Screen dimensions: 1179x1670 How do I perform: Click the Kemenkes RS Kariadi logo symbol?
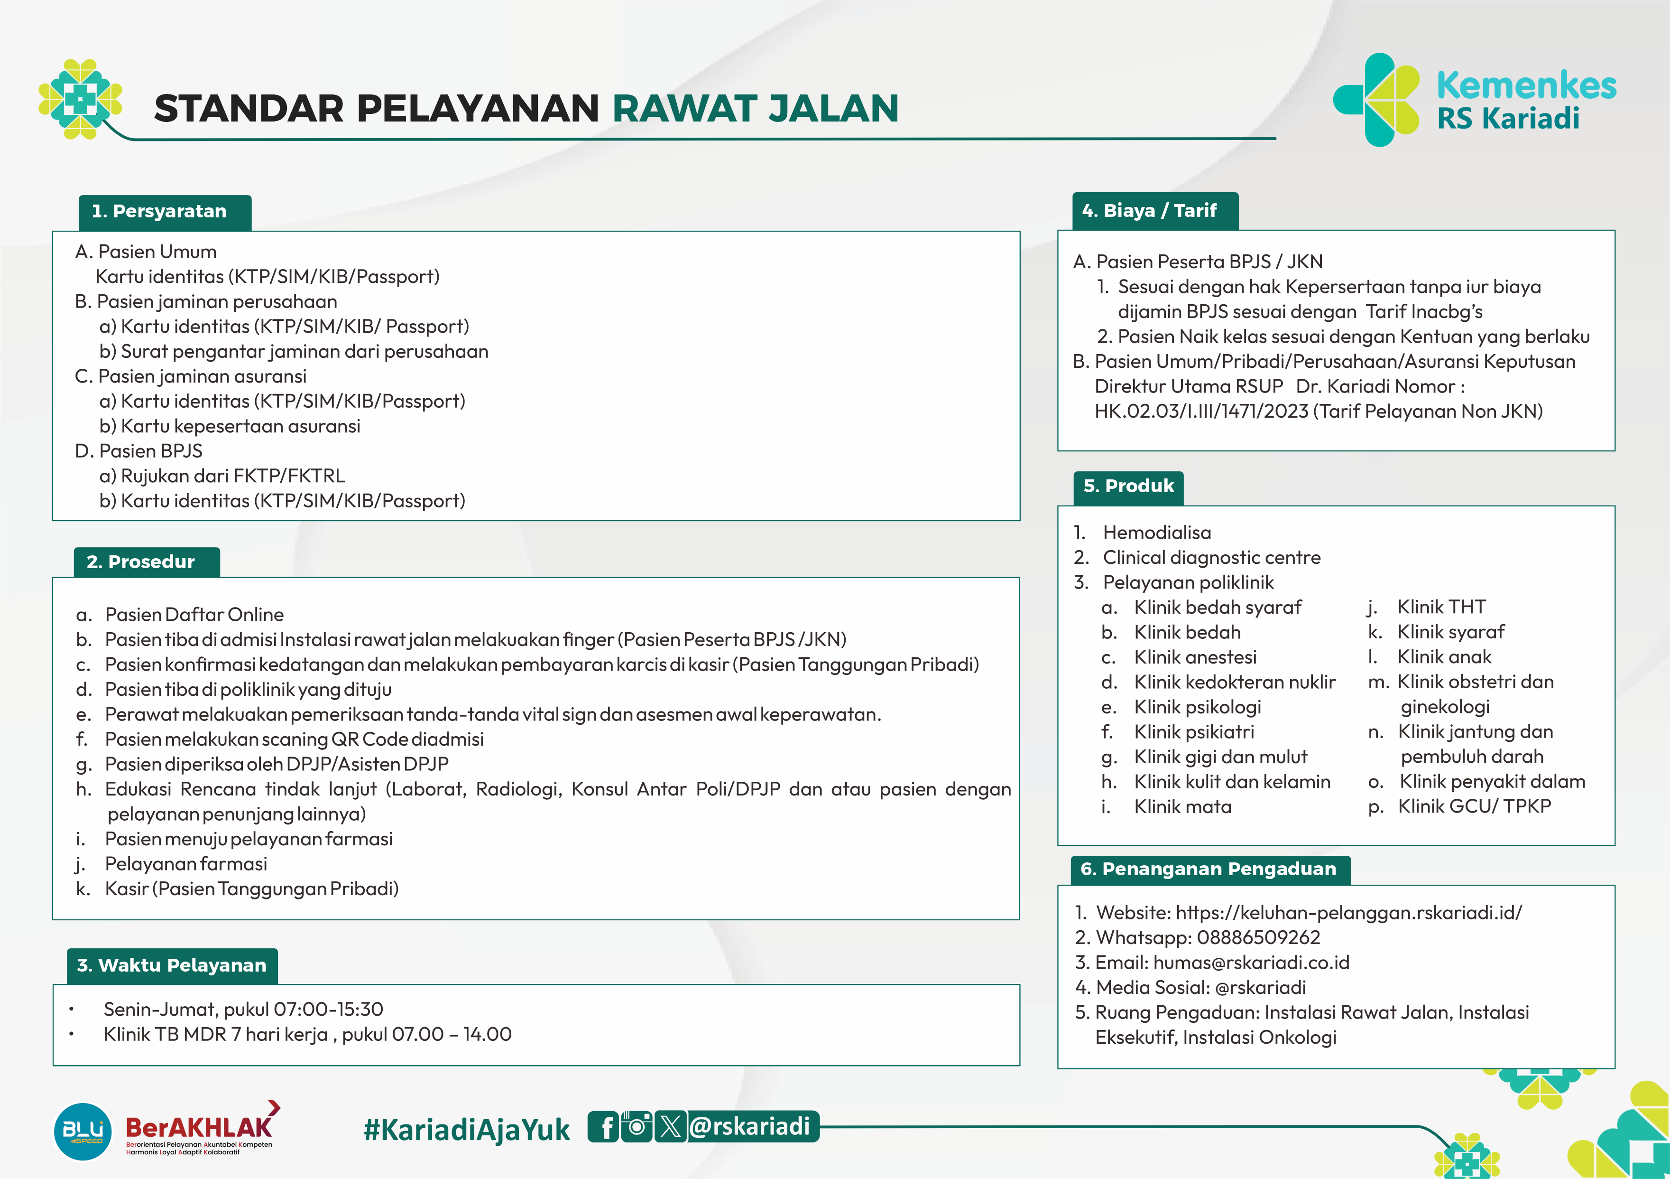click(x=1375, y=100)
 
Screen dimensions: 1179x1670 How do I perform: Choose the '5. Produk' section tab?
click(x=1128, y=486)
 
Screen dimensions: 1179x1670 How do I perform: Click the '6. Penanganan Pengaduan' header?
click(x=1209, y=869)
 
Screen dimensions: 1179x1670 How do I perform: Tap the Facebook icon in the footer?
click(x=604, y=1127)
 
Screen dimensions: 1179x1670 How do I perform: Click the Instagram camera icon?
click(x=637, y=1127)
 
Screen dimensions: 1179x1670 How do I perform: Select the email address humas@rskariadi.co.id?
click(x=1251, y=962)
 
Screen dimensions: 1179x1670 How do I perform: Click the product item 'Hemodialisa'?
click(x=1156, y=533)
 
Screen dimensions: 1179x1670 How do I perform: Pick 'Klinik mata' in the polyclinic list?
click(x=1183, y=806)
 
